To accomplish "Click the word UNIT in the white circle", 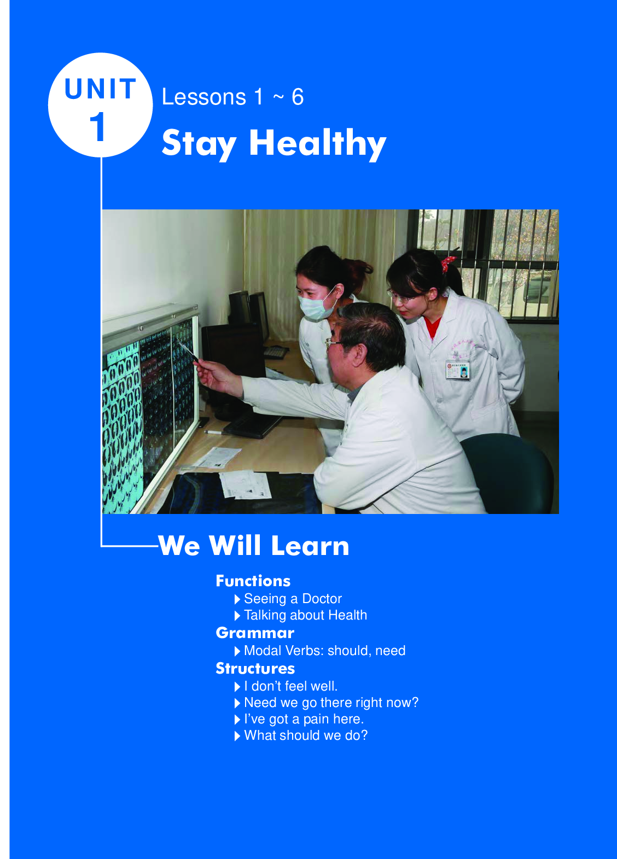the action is coord(101,89).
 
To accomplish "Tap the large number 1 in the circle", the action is coord(98,126).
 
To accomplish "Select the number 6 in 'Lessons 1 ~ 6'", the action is coord(298,97).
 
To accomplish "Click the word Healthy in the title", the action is coord(318,144).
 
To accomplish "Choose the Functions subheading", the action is coord(253,581).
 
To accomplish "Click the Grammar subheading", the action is coord(255,633).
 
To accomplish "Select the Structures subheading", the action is coord(255,668).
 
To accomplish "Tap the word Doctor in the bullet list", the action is coord(322,599).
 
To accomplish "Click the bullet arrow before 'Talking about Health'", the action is coord(237,616).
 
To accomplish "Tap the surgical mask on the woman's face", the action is coord(316,306).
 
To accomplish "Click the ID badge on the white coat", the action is coord(458,370).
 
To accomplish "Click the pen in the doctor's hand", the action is coord(188,350).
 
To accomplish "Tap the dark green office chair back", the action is coord(510,472).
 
